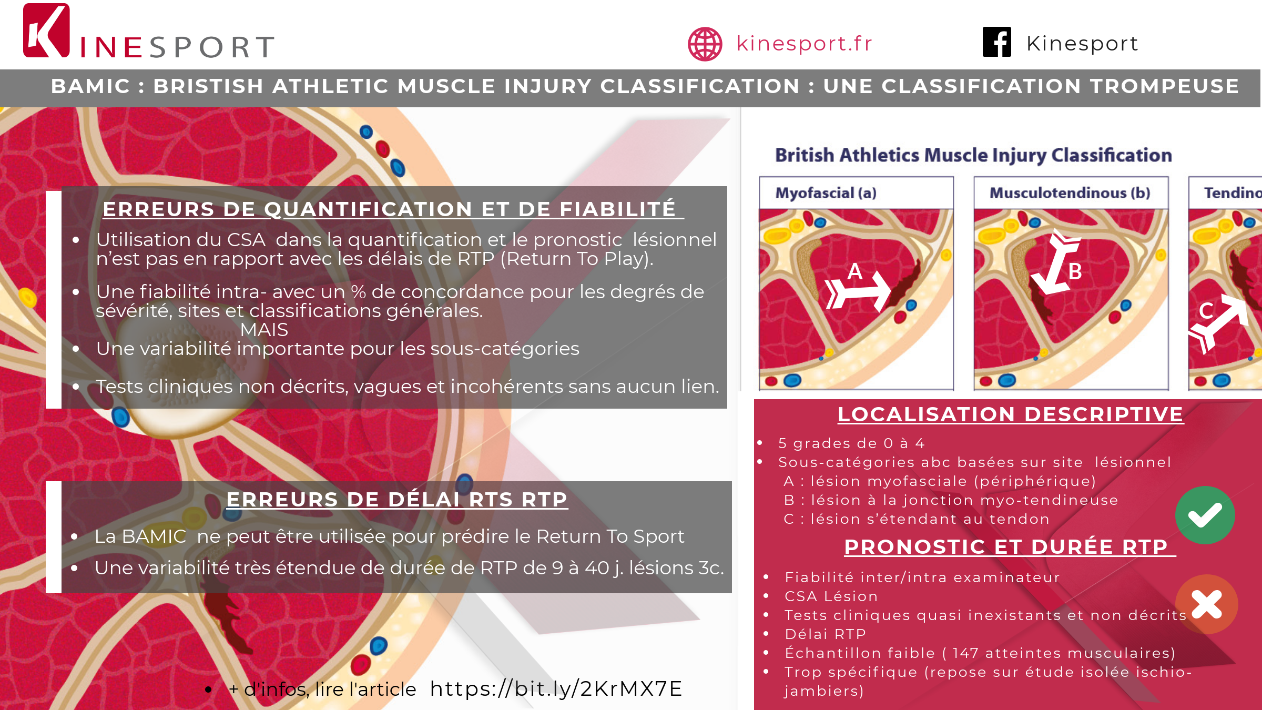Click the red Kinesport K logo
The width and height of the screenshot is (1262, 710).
coord(46,31)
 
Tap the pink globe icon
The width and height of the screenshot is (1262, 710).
coord(705,44)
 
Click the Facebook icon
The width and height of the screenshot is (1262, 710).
coord(997,42)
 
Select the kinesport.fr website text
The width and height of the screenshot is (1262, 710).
coord(804,43)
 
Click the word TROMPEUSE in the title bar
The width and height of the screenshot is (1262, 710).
coord(1165,86)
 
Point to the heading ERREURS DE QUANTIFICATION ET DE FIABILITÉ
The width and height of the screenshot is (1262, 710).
coord(389,209)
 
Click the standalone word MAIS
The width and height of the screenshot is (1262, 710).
coord(264,330)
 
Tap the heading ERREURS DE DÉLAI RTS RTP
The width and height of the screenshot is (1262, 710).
coord(396,499)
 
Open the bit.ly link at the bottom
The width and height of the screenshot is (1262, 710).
coord(556,688)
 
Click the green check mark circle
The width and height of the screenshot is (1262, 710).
coord(1205,515)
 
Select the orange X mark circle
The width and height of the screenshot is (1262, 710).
coord(1207,604)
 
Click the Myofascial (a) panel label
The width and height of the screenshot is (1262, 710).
coord(826,193)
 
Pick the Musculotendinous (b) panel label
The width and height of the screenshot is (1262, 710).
coord(1070,193)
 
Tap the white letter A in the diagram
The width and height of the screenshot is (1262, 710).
coord(855,271)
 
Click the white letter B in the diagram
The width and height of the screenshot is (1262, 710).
coord(1075,271)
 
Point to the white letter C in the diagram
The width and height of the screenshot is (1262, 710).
coord(1206,310)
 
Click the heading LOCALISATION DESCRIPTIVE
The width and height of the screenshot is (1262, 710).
coord(1010,414)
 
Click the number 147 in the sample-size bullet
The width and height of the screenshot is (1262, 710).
coord(965,653)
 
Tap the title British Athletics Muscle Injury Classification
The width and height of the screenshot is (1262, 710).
coord(973,155)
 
